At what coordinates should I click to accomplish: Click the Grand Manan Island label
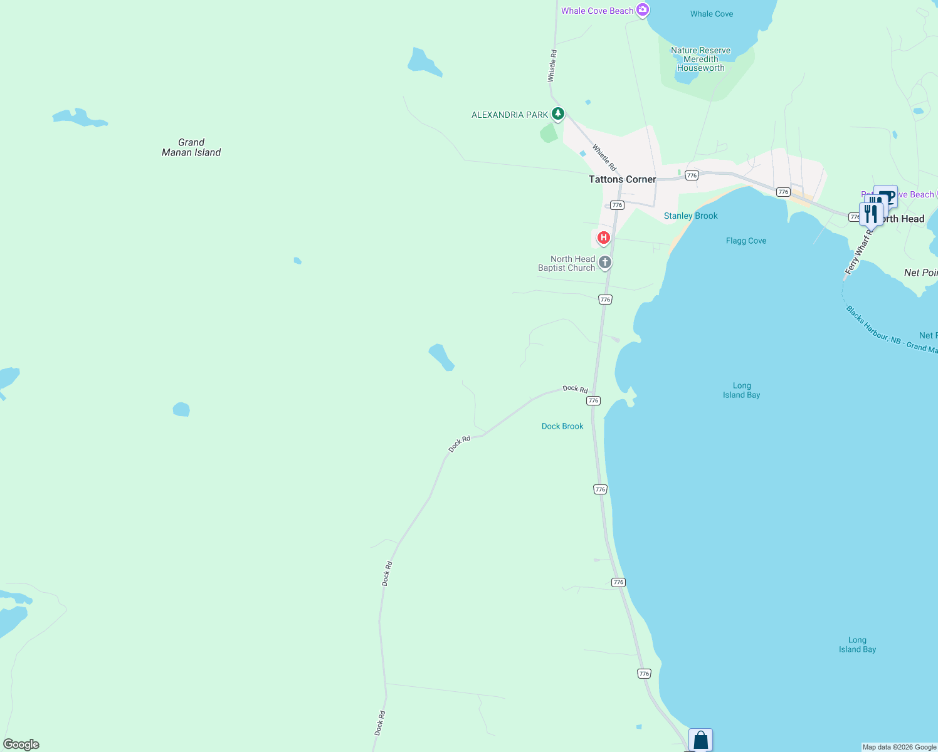coord(191,147)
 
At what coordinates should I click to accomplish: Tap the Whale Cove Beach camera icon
coord(642,10)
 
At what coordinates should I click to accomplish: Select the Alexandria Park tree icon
coord(557,114)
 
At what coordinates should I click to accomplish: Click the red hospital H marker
coord(603,238)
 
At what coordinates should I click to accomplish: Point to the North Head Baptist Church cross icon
coord(604,263)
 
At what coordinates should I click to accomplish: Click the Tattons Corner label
coord(622,179)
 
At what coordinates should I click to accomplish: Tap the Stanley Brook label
coord(690,216)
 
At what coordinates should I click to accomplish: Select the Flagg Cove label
coord(746,241)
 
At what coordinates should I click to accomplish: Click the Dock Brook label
coord(562,426)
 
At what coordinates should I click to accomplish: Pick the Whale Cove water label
coord(711,14)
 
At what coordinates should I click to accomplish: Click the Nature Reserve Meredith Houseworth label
coord(700,59)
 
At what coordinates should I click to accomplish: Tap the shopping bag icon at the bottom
coord(700,740)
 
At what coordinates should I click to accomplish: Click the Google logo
coord(21,744)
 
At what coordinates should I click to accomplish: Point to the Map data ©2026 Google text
coord(899,747)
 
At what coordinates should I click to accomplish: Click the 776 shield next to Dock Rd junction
coord(593,400)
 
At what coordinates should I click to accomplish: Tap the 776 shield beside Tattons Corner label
coord(617,205)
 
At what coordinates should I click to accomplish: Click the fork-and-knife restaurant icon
coord(870,213)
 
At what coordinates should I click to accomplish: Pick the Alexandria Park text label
coord(510,115)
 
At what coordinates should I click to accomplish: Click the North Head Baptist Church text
coord(567,263)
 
